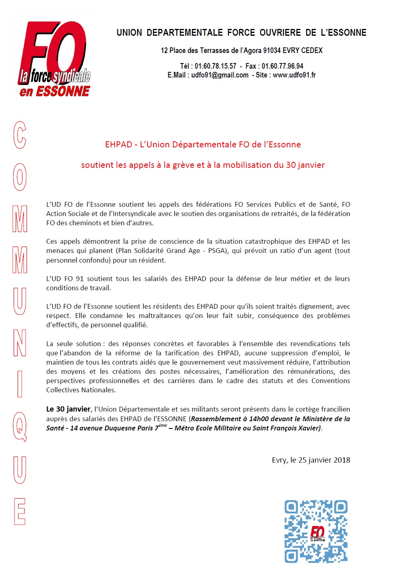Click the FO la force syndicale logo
pos(55,58)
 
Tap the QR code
pos(316,531)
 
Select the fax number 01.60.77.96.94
pos(282,66)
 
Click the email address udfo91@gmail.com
pos(220,75)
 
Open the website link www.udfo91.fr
pos(294,75)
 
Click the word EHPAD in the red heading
pos(119,145)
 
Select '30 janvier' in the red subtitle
pos(305,165)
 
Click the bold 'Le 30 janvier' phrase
pos(68,409)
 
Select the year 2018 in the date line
pos(342,460)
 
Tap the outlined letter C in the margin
pos(20,135)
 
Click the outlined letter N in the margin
pos(20,343)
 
